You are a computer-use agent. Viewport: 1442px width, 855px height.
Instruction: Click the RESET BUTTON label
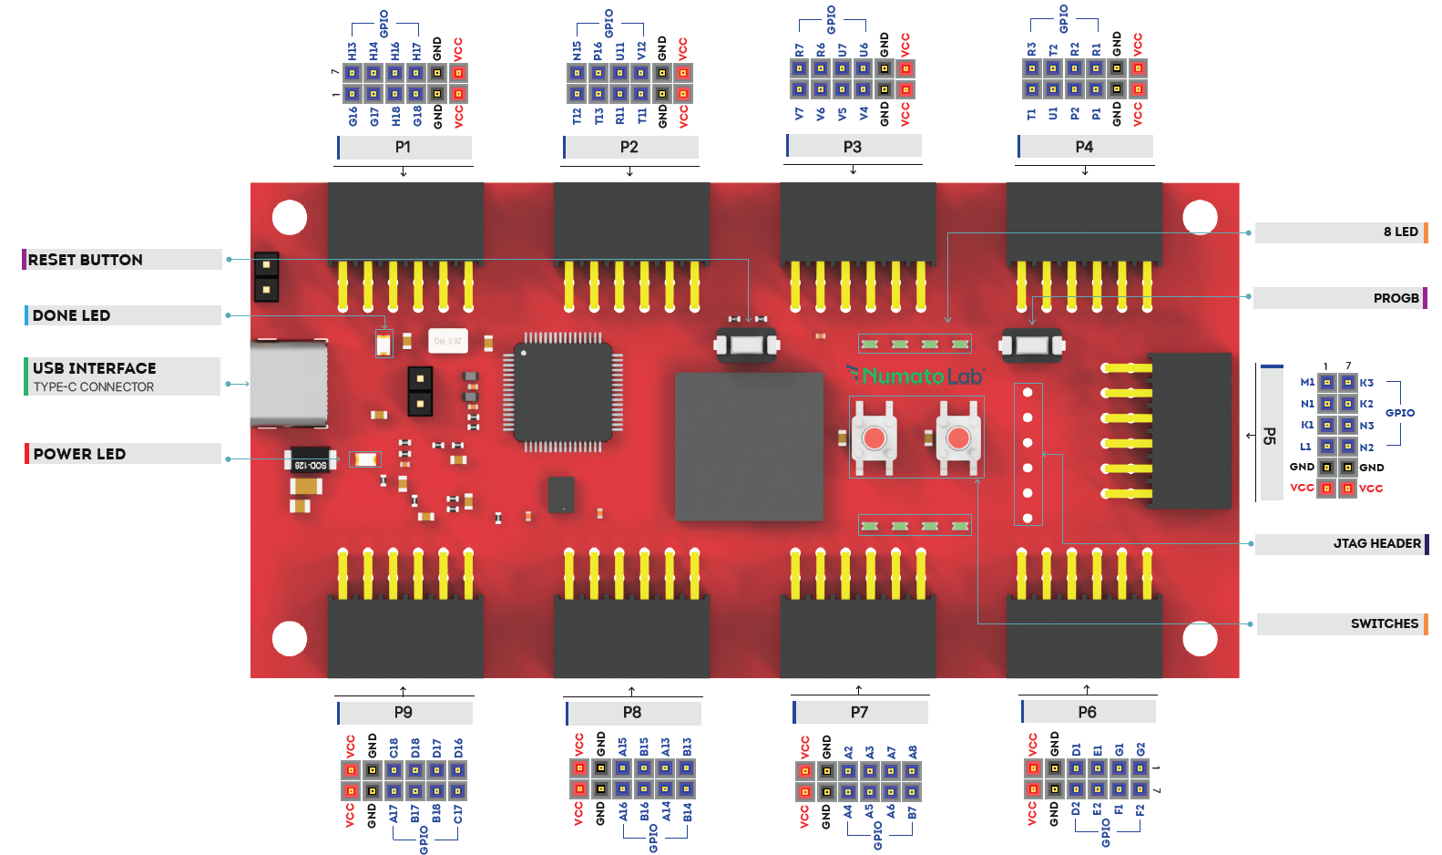click(85, 260)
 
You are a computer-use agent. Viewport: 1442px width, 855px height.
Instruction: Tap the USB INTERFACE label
click(94, 368)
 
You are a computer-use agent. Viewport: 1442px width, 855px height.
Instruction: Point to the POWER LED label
click(79, 454)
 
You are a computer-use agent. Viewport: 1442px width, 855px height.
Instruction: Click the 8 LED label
click(1400, 232)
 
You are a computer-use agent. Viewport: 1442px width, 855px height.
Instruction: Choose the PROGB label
click(1396, 298)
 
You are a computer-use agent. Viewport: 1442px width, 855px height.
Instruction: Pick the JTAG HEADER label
click(1376, 543)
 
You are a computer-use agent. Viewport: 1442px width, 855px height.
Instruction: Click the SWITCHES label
click(1384, 623)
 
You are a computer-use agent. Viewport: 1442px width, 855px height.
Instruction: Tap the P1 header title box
click(403, 147)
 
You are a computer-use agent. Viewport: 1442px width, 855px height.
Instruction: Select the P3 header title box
click(853, 147)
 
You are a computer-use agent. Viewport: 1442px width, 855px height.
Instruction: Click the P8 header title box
click(632, 712)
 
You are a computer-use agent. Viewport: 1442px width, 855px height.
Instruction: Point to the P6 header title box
click(1088, 712)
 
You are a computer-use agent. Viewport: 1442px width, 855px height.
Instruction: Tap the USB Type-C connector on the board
click(289, 384)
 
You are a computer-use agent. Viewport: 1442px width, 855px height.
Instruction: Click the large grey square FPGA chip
click(749, 447)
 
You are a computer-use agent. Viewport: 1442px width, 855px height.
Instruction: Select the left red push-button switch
click(874, 438)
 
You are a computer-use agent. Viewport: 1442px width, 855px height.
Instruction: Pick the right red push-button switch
click(957, 438)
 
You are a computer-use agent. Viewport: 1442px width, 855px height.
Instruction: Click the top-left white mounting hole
click(290, 218)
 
